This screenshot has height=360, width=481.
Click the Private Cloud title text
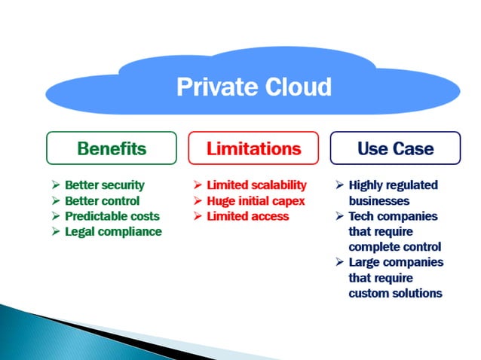coord(253,87)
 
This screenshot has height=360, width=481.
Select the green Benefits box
coord(112,148)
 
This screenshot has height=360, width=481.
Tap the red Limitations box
coord(253,148)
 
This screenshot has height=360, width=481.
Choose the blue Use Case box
coord(395,148)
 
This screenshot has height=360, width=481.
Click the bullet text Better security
coord(104,185)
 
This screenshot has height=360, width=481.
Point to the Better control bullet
coord(102,200)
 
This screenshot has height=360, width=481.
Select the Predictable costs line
coord(112,216)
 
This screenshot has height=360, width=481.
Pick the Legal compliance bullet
coord(113,231)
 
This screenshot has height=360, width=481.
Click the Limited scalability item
coord(256,185)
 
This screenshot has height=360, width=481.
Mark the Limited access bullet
coord(247,216)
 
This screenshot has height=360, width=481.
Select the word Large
coord(365,262)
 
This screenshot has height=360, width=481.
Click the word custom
coord(369,293)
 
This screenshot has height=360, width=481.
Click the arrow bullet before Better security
coord(56,185)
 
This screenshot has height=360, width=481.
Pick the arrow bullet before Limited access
coord(198,216)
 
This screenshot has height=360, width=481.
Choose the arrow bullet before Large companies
coord(339,262)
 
